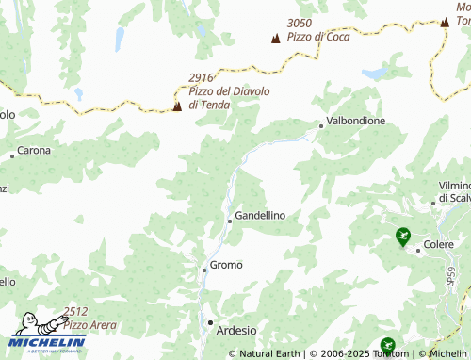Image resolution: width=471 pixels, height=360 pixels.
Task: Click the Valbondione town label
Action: point(355,122)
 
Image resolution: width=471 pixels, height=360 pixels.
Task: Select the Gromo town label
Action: point(226,265)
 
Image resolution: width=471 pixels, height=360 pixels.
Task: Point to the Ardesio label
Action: point(236,329)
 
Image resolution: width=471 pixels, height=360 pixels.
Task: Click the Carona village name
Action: point(35,150)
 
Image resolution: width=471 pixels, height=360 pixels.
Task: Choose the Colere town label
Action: point(438,245)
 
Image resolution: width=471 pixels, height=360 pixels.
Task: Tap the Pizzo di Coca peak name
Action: point(319,37)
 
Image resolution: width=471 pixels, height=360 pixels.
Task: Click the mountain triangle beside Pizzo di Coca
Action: point(275,39)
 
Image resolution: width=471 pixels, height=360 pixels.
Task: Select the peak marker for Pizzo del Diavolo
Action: point(177,106)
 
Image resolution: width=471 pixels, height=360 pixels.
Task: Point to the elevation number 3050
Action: point(300,23)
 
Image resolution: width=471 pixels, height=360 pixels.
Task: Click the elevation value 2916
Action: point(201,77)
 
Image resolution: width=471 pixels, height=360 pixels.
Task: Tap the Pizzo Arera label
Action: point(90,325)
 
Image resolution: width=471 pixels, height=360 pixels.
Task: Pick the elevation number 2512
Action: point(75,312)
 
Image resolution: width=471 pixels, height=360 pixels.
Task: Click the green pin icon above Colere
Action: point(403,236)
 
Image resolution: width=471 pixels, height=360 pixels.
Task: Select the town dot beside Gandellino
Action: point(229,221)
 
